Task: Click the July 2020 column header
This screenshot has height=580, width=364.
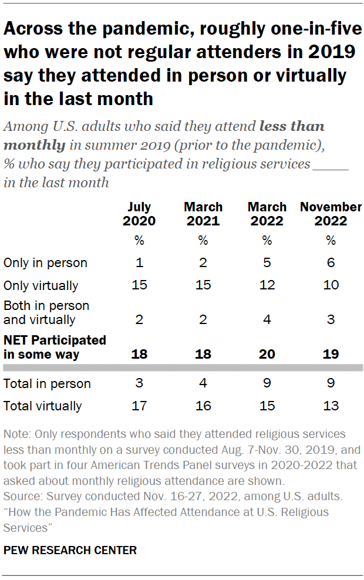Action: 139,214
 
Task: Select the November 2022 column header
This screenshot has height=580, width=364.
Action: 331,214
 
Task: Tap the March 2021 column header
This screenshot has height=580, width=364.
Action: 203,214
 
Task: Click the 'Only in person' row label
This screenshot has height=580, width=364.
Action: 45,263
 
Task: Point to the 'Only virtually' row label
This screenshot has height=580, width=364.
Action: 41,286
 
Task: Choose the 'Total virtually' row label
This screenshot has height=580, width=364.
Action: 43,406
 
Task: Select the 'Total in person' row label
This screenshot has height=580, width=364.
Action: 47,384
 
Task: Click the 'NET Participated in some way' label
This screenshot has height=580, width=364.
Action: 55,348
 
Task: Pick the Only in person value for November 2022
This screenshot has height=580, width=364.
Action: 331,263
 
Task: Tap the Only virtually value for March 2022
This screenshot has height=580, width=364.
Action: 267,286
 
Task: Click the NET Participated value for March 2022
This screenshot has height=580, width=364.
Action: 267,355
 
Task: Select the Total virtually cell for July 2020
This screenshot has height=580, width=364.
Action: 139,406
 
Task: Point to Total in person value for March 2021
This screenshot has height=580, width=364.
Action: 203,384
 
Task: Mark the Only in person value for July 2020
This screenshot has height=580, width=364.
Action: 139,263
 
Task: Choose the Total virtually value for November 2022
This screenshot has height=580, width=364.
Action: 331,406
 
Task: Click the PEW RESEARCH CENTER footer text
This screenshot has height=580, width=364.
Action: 70,550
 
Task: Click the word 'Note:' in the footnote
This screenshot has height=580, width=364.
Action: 18,434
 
